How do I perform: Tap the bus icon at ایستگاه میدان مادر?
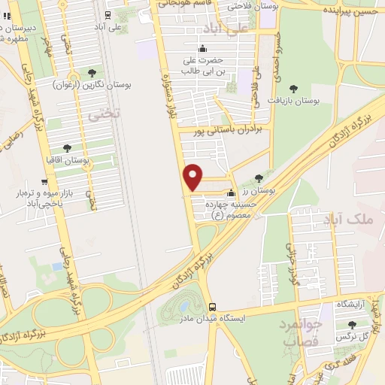pyautogui.click(x=213, y=307)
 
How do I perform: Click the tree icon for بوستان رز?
pyautogui.click(x=259, y=178)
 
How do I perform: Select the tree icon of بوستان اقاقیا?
pyautogui.click(x=68, y=148)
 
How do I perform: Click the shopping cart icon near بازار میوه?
pyautogui.click(x=44, y=181)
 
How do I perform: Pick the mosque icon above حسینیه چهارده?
pyautogui.click(x=232, y=192)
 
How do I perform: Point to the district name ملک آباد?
pyautogui.click(x=351, y=219)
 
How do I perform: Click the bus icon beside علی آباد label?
pyautogui.click(x=108, y=14)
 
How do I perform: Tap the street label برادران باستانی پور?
pyautogui.click(x=226, y=129)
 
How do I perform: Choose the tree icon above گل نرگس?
pyautogui.click(x=351, y=324)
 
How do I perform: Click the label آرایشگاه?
pyautogui.click(x=351, y=303)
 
